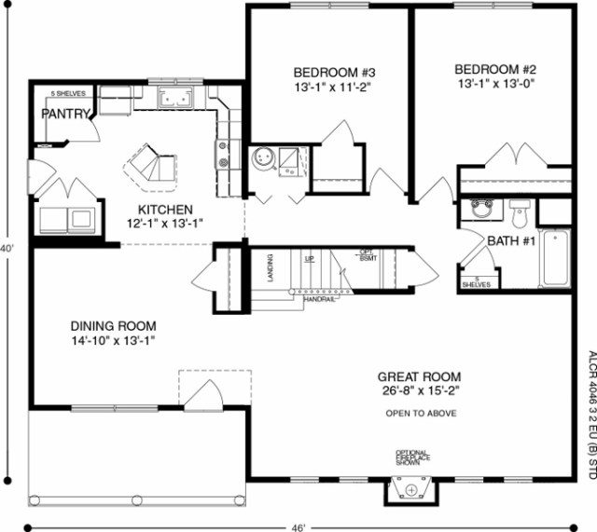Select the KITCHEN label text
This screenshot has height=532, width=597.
165,210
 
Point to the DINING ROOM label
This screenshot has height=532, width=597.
114,326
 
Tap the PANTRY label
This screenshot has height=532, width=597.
64,114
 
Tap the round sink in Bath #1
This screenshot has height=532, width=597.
482,208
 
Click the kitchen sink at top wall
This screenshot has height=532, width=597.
174,98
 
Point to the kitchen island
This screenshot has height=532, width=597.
149,165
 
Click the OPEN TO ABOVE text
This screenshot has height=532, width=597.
421,412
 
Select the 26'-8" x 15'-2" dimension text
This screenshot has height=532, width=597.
421,391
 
